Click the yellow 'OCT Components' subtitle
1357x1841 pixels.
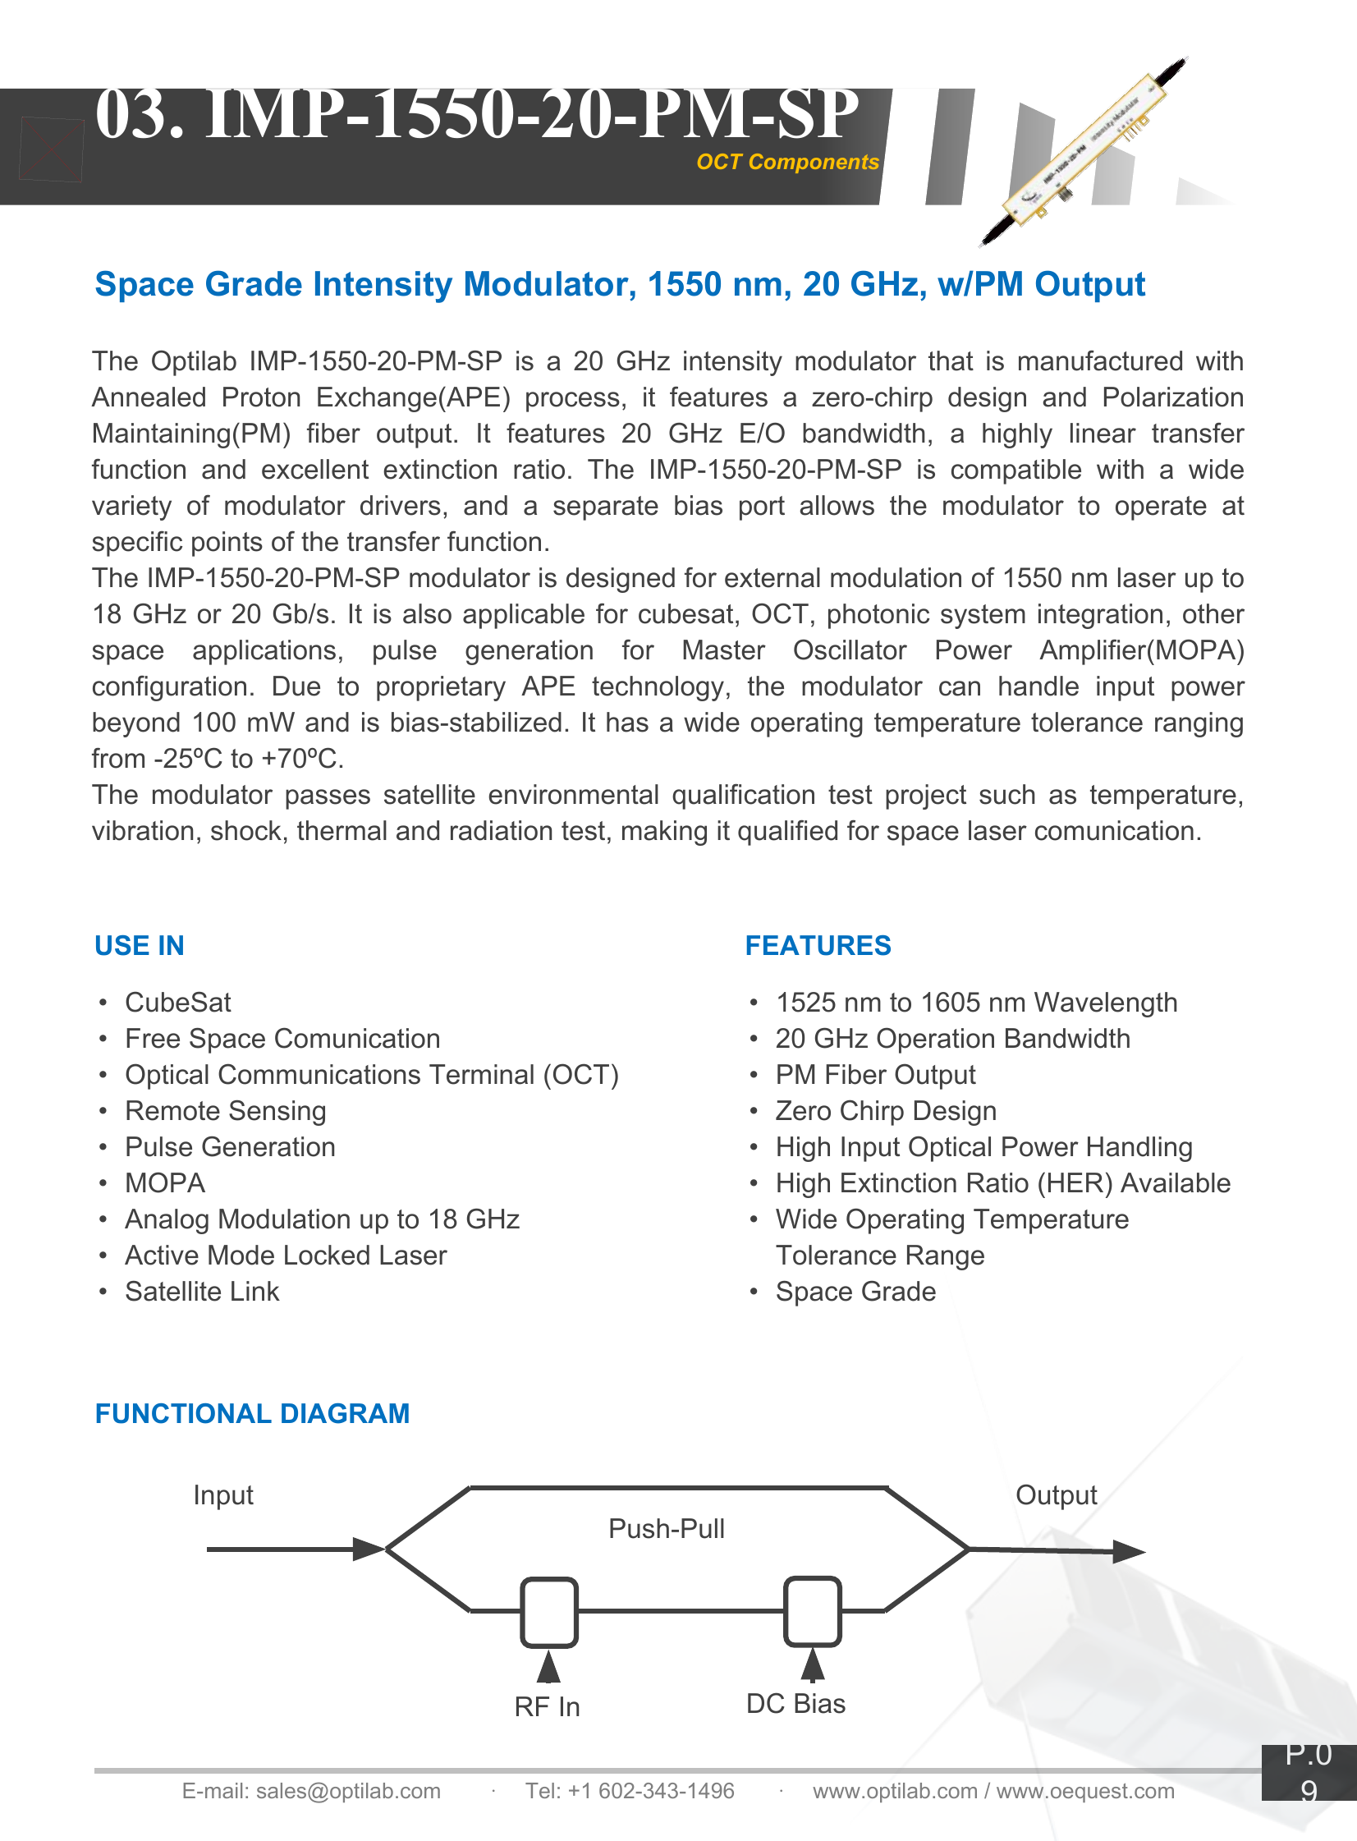pos(787,162)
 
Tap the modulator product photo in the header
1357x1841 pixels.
pos(1083,152)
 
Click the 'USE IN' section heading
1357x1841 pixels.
pos(139,946)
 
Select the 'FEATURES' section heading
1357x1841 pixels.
pos(818,946)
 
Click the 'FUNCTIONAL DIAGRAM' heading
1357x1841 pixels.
pos(252,1413)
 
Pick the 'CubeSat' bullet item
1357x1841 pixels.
pos(177,1003)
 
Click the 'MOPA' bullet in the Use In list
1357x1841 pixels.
pos(164,1183)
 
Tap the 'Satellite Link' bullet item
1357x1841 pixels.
pos(202,1292)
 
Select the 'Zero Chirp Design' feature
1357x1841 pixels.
pos(886,1111)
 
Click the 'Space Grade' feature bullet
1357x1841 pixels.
pos(855,1292)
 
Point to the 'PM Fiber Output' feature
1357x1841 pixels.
pos(875,1075)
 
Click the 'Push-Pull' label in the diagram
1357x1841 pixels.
pos(666,1529)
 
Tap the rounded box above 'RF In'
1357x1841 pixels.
pos(548,1612)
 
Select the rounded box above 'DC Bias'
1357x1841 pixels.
pos(812,1611)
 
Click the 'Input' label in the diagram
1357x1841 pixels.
pos(222,1495)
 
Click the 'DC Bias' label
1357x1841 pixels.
pos(795,1704)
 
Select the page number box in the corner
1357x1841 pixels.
pos(1309,1772)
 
